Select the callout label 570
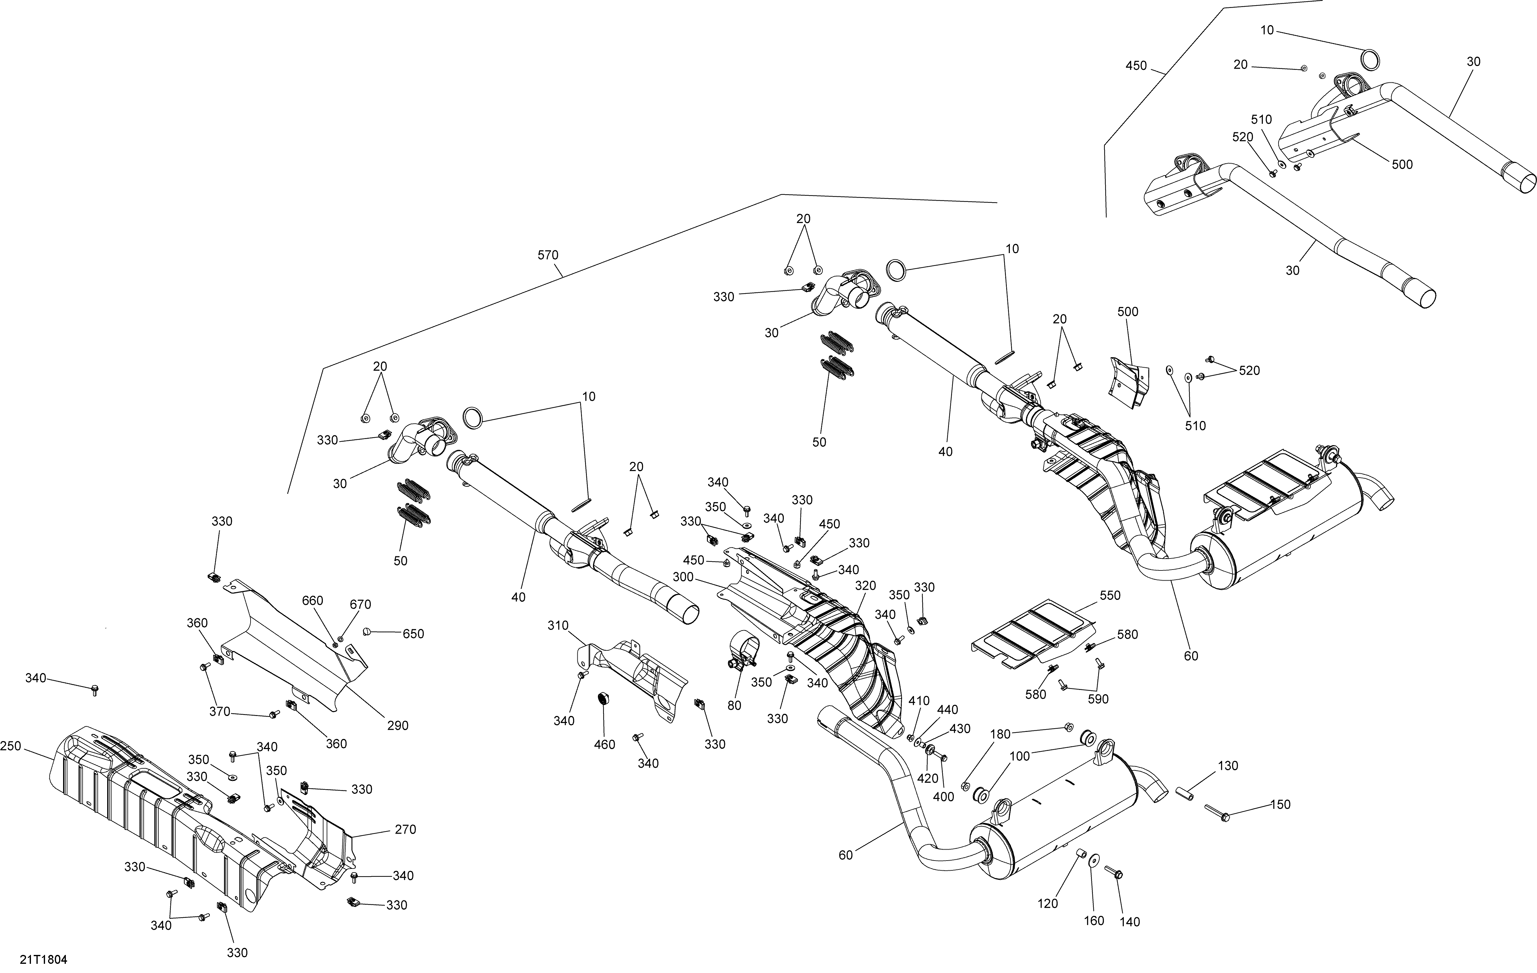coord(548,256)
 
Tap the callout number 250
coord(11,746)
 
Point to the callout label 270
coord(405,829)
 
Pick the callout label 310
coord(558,626)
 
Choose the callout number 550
coord(1110,596)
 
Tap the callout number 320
coord(866,586)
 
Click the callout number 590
coord(1098,699)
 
